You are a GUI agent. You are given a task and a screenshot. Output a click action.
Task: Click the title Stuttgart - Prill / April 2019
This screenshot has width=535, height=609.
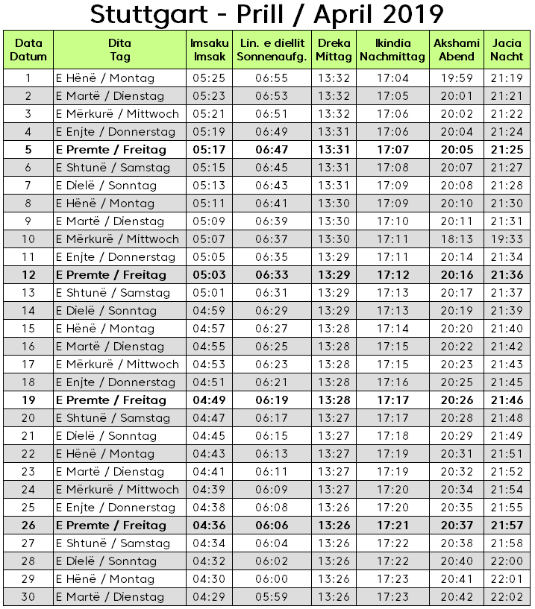tap(266, 15)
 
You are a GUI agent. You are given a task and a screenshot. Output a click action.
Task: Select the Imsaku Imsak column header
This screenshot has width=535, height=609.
tap(210, 50)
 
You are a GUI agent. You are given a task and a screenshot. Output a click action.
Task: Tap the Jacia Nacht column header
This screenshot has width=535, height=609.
tap(507, 50)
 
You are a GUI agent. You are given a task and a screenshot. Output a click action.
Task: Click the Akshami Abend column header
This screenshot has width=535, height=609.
tap(457, 50)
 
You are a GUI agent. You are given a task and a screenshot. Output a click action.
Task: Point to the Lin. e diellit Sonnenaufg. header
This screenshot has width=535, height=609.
tap(272, 50)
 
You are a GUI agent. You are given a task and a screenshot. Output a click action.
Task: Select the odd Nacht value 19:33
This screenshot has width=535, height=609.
tap(507, 239)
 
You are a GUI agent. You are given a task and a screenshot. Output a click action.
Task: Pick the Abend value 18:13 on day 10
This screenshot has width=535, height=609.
tap(456, 239)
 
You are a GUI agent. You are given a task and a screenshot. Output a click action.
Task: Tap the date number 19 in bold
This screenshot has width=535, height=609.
tap(28, 400)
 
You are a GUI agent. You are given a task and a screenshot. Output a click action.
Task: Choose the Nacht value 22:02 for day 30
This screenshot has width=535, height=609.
tap(507, 597)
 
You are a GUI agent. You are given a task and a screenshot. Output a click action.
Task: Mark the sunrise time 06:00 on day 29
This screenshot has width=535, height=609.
tap(271, 579)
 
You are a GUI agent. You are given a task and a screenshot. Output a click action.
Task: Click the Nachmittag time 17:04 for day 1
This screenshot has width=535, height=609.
tap(392, 78)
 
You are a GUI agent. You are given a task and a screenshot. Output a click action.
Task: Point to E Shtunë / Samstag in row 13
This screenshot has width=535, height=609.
tap(113, 293)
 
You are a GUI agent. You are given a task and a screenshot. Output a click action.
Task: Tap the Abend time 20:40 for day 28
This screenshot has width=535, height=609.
tap(456, 561)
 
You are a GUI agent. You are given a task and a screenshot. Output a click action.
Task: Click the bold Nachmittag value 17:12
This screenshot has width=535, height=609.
tap(392, 275)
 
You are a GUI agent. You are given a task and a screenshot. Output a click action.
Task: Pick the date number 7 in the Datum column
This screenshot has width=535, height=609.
tap(28, 186)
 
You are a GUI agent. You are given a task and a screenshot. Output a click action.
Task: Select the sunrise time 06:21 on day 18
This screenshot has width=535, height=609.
tap(271, 382)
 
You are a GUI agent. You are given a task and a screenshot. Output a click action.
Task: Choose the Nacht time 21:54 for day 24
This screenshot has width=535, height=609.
tap(507, 490)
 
